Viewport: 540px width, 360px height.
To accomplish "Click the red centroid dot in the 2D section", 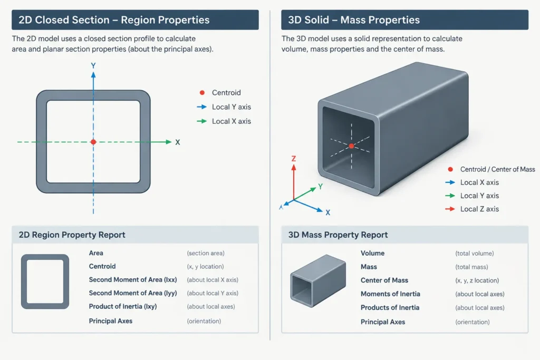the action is click(93, 142).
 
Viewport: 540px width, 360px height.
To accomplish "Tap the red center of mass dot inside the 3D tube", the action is click(351, 146).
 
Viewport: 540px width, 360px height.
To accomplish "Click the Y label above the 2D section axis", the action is click(93, 65).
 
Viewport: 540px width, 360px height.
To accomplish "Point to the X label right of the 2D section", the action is click(177, 142).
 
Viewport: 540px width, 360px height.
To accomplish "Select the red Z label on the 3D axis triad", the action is click(294, 159).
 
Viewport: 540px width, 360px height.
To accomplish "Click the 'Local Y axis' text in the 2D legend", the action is click(232, 107).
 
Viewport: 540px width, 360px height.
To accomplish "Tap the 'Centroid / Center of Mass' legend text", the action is click(498, 169).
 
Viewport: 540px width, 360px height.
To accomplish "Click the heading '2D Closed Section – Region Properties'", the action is click(114, 20).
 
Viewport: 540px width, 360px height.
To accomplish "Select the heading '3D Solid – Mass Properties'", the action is click(354, 20).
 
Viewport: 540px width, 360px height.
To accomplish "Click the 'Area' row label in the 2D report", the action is click(96, 253).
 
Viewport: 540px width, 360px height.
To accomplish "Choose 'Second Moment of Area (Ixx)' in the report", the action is click(133, 280).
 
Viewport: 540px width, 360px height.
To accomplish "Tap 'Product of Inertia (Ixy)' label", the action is click(123, 307).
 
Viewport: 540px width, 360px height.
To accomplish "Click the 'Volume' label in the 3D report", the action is click(373, 254).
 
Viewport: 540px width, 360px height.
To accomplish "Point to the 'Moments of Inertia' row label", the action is click(391, 294).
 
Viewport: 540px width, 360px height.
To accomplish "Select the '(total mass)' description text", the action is click(471, 267).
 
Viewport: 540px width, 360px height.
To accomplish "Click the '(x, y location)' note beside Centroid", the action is click(205, 267).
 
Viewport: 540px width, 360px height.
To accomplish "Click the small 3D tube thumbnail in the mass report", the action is click(318, 280).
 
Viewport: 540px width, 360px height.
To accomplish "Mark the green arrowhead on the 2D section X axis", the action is click(168, 142).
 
